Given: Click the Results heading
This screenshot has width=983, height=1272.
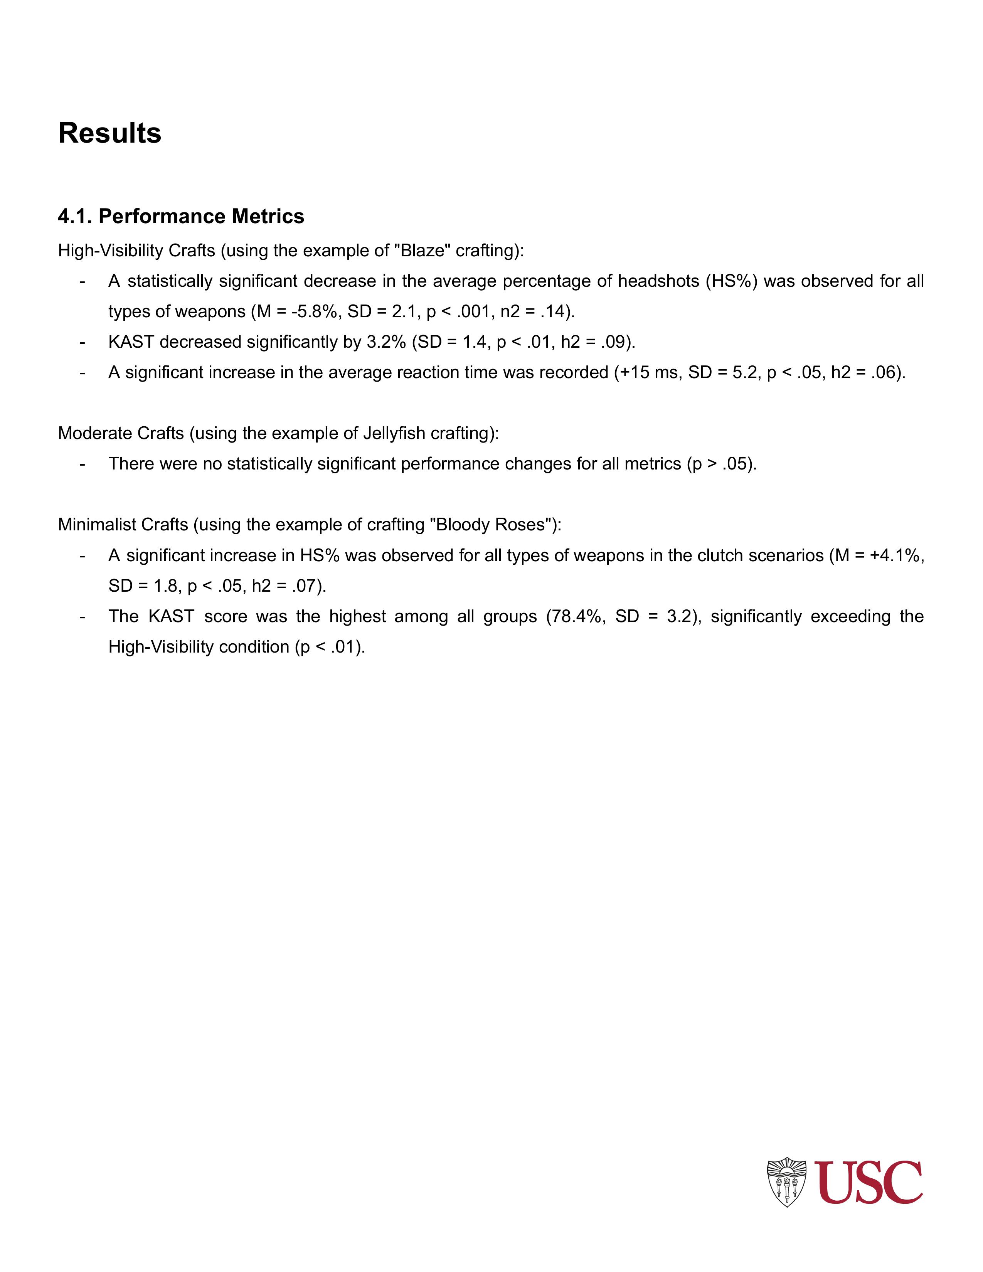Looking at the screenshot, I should [x=109, y=133].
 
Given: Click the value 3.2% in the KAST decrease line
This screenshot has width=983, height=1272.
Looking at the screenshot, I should [x=385, y=342].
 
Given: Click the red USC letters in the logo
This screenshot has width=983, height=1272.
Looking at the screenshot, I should [x=868, y=1182].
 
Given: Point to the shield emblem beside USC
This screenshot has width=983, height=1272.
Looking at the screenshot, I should [x=787, y=1182].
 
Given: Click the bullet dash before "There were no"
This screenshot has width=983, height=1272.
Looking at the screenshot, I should [x=83, y=464].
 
